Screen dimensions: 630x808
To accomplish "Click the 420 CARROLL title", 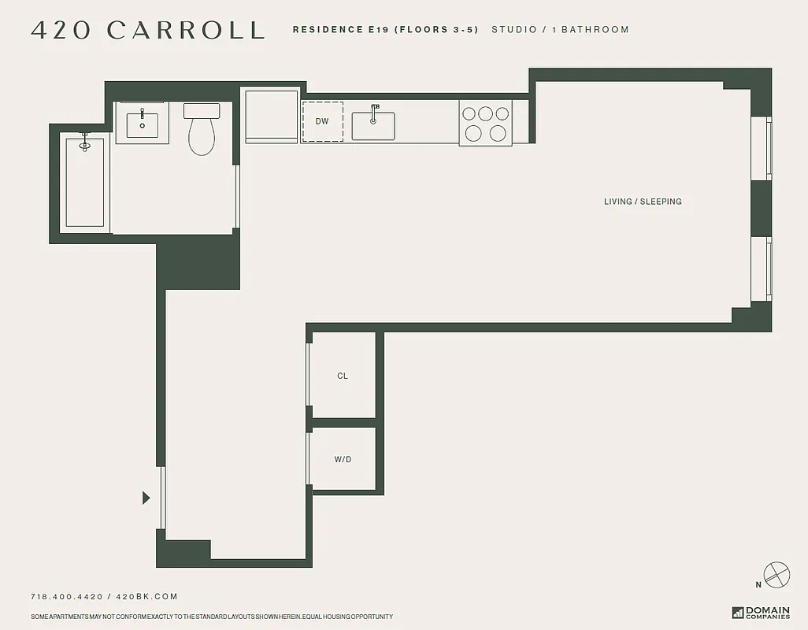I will pyautogui.click(x=147, y=30).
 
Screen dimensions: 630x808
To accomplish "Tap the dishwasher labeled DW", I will pyautogui.click(x=322, y=121).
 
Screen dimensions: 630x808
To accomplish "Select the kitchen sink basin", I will pyautogui.click(x=373, y=126).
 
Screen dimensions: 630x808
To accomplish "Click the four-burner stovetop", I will pyautogui.click(x=486, y=123).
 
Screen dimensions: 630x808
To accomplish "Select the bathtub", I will pyautogui.click(x=84, y=182).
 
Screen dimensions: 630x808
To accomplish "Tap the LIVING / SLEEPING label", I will pyautogui.click(x=643, y=202).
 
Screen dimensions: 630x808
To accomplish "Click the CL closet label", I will pyautogui.click(x=343, y=376).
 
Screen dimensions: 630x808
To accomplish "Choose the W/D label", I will pyautogui.click(x=343, y=460).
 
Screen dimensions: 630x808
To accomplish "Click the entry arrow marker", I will pyautogui.click(x=146, y=498).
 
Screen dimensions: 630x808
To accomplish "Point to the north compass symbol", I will pyautogui.click(x=775, y=575).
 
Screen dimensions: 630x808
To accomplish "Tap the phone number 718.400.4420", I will pyautogui.click(x=66, y=597).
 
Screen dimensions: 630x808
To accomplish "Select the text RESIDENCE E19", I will pyautogui.click(x=340, y=30).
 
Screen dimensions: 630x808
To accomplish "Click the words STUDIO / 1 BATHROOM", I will pyautogui.click(x=560, y=30).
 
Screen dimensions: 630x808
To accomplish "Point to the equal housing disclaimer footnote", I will pyautogui.click(x=212, y=617).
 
